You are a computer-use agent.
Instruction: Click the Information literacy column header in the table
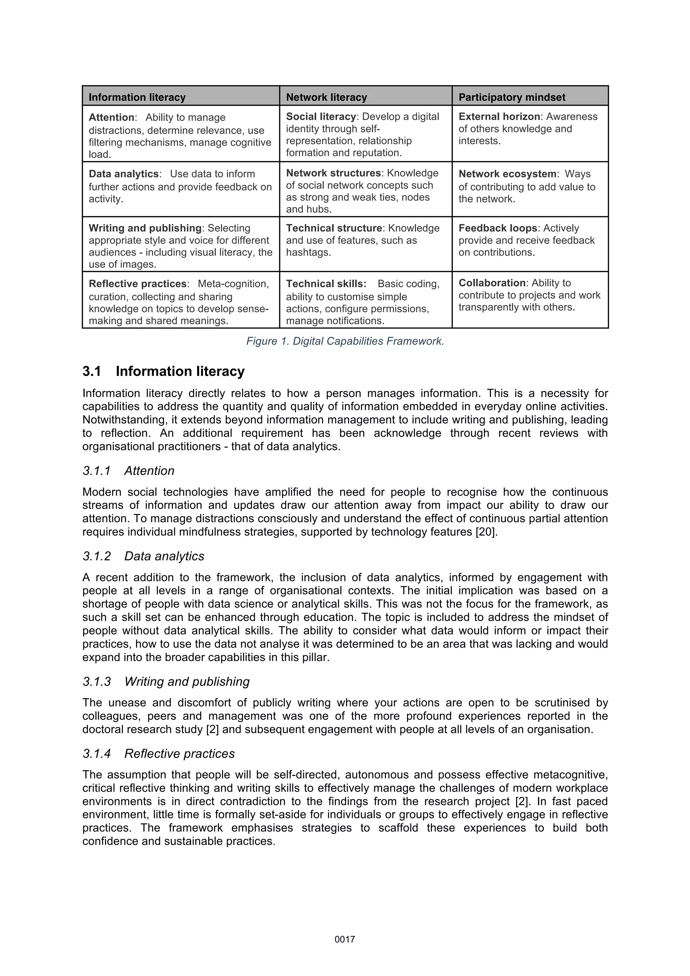pos(137,97)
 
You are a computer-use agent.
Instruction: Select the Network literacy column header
pos(326,97)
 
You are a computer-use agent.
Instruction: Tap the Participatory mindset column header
pos(511,97)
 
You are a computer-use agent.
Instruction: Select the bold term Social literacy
pos(320,117)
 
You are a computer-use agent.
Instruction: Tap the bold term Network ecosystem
pos(507,174)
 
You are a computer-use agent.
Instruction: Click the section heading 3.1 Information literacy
pos(164,371)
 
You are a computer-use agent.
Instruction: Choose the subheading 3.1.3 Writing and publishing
pos(166,681)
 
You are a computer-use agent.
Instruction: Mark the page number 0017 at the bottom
pos(345,939)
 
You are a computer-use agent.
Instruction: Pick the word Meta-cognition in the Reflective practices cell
pos(233,284)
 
